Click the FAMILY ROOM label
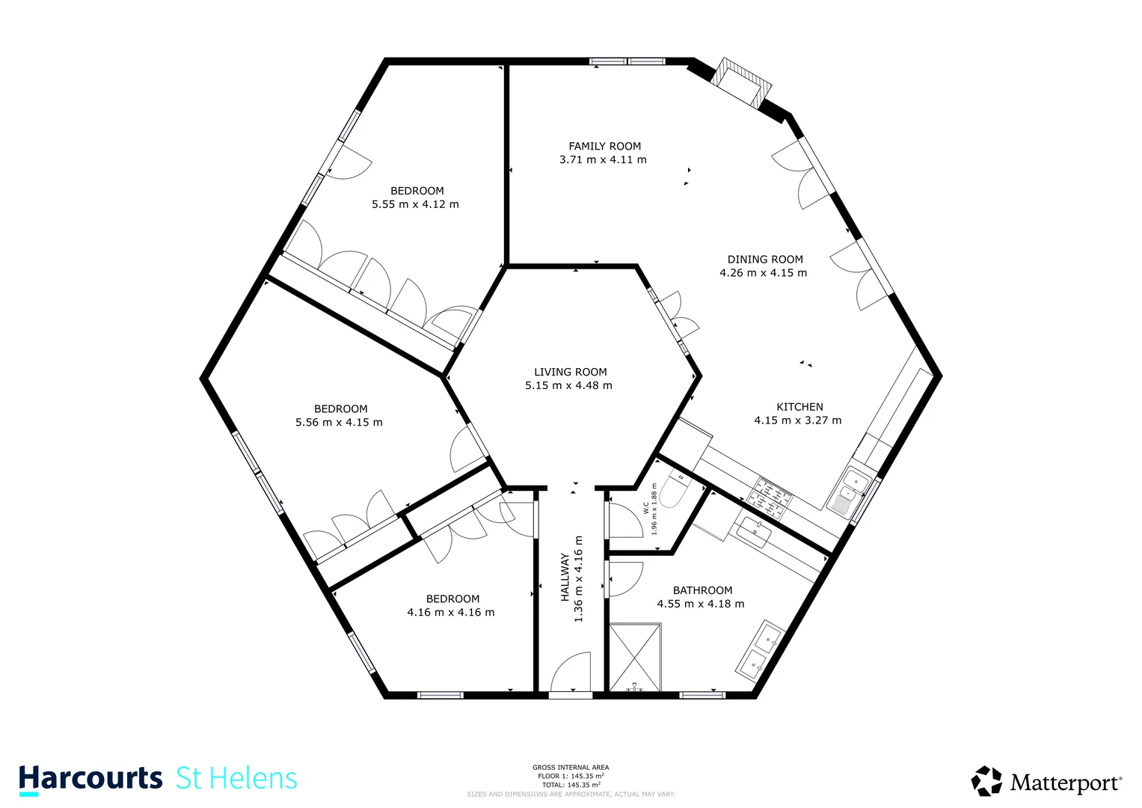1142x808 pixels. coord(604,147)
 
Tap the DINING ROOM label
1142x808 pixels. coord(764,260)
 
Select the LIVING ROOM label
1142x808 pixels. coord(570,372)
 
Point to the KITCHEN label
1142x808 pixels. coord(799,407)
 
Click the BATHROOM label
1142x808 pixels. coord(702,590)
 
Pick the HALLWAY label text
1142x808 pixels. coord(565,578)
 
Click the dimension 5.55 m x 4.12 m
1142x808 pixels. coord(415,204)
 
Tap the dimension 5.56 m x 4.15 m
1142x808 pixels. coord(339,423)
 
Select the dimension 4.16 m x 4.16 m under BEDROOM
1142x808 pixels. coord(450,613)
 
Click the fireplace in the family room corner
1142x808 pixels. coord(740,82)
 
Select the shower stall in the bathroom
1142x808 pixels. coord(635,658)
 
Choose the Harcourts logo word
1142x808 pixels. coord(90,779)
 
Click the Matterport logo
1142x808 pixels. coord(1047,783)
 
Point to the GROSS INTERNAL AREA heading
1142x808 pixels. coord(571,768)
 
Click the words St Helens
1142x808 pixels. coord(236,779)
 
